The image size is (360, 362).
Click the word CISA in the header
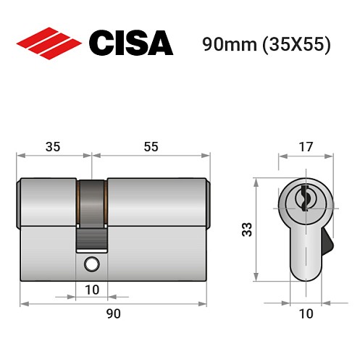coord(130,43)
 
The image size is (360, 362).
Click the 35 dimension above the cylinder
coord(54,146)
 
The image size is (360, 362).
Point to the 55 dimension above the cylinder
coord(151,146)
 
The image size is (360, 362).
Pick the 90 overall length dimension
coord(114,313)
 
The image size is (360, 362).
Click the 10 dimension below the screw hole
coord(92,289)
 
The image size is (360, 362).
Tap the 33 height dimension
coord(246,230)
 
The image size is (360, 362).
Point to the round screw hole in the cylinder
coord(92,264)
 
